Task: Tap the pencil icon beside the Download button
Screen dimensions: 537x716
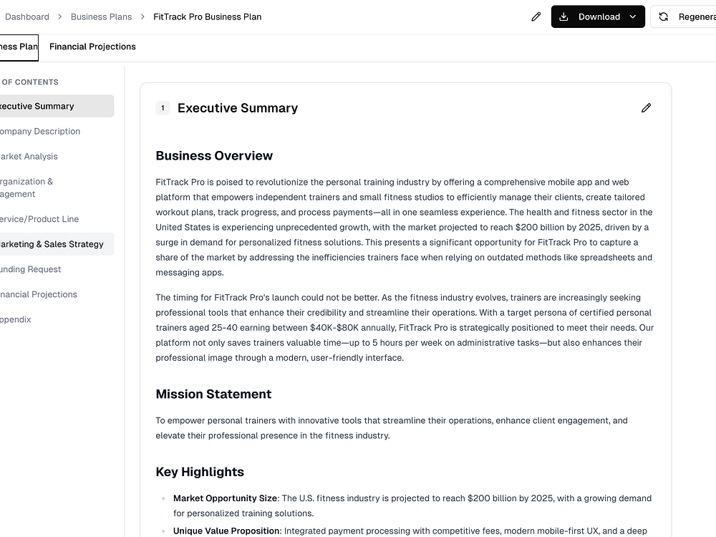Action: click(x=536, y=16)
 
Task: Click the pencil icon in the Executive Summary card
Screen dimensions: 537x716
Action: click(x=646, y=108)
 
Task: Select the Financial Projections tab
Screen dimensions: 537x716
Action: click(x=92, y=47)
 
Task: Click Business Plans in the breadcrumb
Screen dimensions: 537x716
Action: click(x=101, y=16)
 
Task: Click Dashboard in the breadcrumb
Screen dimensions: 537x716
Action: click(x=27, y=16)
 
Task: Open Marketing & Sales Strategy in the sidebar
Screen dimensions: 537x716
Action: click(x=52, y=244)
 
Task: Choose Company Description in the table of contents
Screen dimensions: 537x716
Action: click(x=39, y=131)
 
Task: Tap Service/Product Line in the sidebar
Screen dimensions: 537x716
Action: click(x=39, y=219)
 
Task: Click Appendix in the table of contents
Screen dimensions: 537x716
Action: click(x=16, y=319)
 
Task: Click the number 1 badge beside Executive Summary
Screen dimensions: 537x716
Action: click(x=163, y=108)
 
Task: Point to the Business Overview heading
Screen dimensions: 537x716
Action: click(x=214, y=155)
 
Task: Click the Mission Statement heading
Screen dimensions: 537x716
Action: click(x=213, y=394)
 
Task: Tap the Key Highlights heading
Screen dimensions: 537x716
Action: click(x=200, y=472)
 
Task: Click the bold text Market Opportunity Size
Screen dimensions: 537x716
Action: click(x=226, y=498)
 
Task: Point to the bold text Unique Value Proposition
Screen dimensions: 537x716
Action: click(x=226, y=531)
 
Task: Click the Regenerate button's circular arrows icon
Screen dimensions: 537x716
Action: click(x=664, y=16)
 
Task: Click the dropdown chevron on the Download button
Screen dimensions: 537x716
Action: click(x=633, y=16)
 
